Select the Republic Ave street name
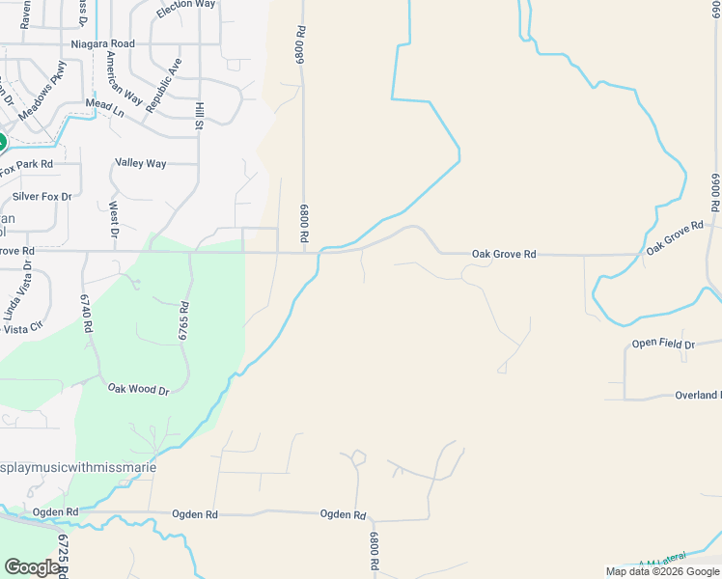(163, 85)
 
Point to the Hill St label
(199, 115)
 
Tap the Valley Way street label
(141, 163)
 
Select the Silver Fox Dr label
(42, 197)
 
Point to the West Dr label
(114, 220)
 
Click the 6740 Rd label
(86, 314)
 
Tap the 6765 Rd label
(182, 318)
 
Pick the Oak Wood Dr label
(138, 390)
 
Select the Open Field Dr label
(663, 344)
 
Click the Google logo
(32, 566)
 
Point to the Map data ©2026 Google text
(661, 571)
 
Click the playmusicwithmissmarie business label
(78, 467)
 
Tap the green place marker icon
(1, 143)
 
